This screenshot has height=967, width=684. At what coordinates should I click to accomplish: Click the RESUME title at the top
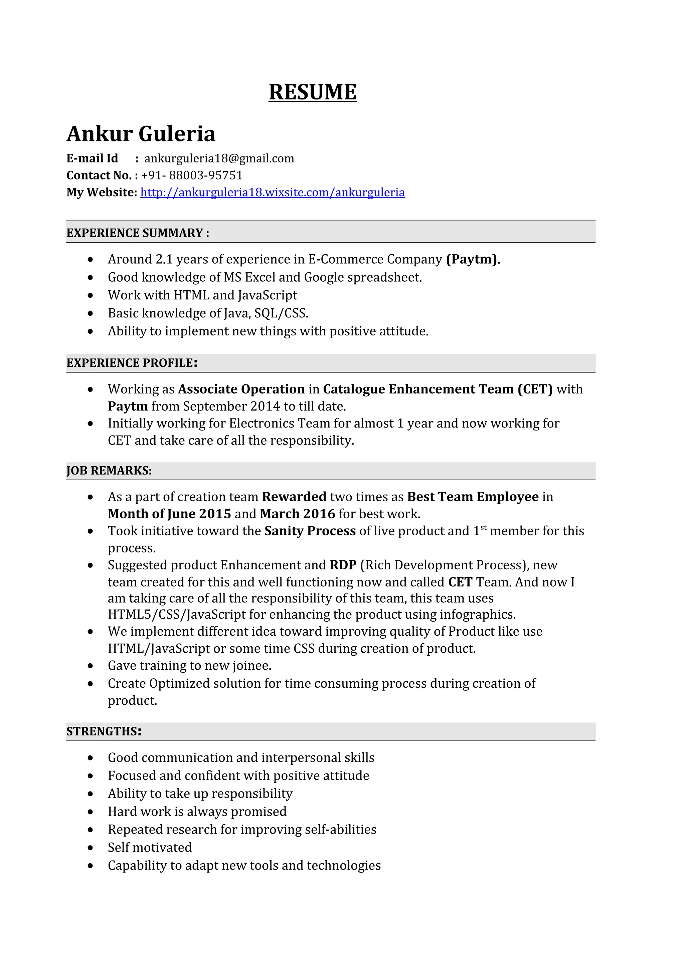click(x=312, y=92)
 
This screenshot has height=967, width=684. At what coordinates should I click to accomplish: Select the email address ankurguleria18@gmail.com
click(x=219, y=158)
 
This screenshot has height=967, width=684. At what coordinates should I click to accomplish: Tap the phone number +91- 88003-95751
click(x=192, y=175)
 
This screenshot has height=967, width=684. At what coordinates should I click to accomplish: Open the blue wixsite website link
click(x=272, y=193)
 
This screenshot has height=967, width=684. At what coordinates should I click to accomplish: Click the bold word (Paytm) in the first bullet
click(x=472, y=259)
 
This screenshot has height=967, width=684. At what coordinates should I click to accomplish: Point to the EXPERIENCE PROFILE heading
click(x=132, y=363)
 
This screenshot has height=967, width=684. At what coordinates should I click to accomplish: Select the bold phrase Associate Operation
click(x=241, y=389)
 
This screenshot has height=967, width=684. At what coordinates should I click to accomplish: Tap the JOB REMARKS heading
click(x=109, y=470)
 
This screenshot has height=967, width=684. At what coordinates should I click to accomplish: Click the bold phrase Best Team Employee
click(x=473, y=497)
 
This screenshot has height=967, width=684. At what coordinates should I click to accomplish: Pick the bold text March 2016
click(x=297, y=514)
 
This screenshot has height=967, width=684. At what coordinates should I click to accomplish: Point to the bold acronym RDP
click(x=343, y=565)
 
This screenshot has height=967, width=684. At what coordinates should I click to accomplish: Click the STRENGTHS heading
click(x=103, y=731)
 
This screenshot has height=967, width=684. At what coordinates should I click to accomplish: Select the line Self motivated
click(x=150, y=848)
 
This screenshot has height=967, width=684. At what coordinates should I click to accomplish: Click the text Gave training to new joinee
click(x=189, y=665)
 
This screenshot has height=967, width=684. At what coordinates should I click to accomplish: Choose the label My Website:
click(x=102, y=193)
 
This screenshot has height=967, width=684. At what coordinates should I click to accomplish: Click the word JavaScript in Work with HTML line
click(x=268, y=295)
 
